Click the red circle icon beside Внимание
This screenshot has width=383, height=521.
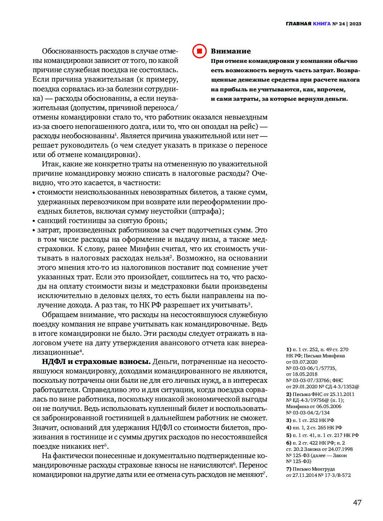[199, 51]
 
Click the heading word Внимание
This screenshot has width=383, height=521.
[231, 51]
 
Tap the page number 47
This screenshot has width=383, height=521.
[357, 503]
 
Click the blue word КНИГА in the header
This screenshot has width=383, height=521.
[322, 24]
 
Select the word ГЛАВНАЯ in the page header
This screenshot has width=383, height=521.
[298, 24]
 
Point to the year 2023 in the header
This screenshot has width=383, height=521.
[355, 24]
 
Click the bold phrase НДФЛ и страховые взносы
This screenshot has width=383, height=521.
[96, 362]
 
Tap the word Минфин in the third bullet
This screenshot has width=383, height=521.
[143, 249]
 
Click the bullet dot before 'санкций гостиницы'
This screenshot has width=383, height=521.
[34, 221]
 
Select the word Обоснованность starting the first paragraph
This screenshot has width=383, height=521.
[69, 51]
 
